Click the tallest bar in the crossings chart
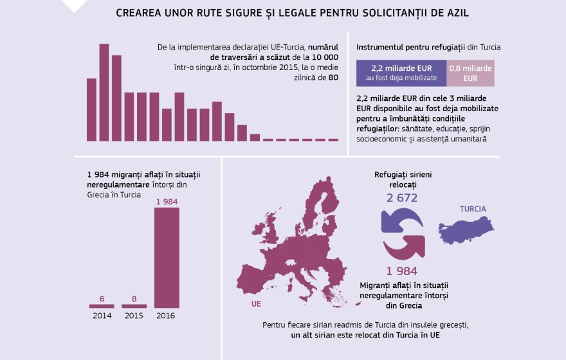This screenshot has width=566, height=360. [104, 92]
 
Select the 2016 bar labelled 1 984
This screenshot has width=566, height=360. [167, 257]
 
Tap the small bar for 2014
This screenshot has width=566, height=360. [102, 306]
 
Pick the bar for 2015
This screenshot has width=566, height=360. [134, 306]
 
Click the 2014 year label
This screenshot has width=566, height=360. [102, 316]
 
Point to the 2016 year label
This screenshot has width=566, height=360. [166, 316]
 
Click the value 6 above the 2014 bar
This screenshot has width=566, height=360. [102, 298]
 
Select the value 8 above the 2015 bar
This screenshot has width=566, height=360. [134, 298]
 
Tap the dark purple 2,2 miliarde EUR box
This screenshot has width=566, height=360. [401, 73]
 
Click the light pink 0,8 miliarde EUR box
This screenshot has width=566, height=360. [470, 73]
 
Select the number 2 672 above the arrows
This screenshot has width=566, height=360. [402, 197]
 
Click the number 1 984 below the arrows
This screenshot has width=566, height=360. [402, 271]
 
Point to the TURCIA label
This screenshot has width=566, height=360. [473, 209]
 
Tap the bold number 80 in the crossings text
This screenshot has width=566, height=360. [333, 77]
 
